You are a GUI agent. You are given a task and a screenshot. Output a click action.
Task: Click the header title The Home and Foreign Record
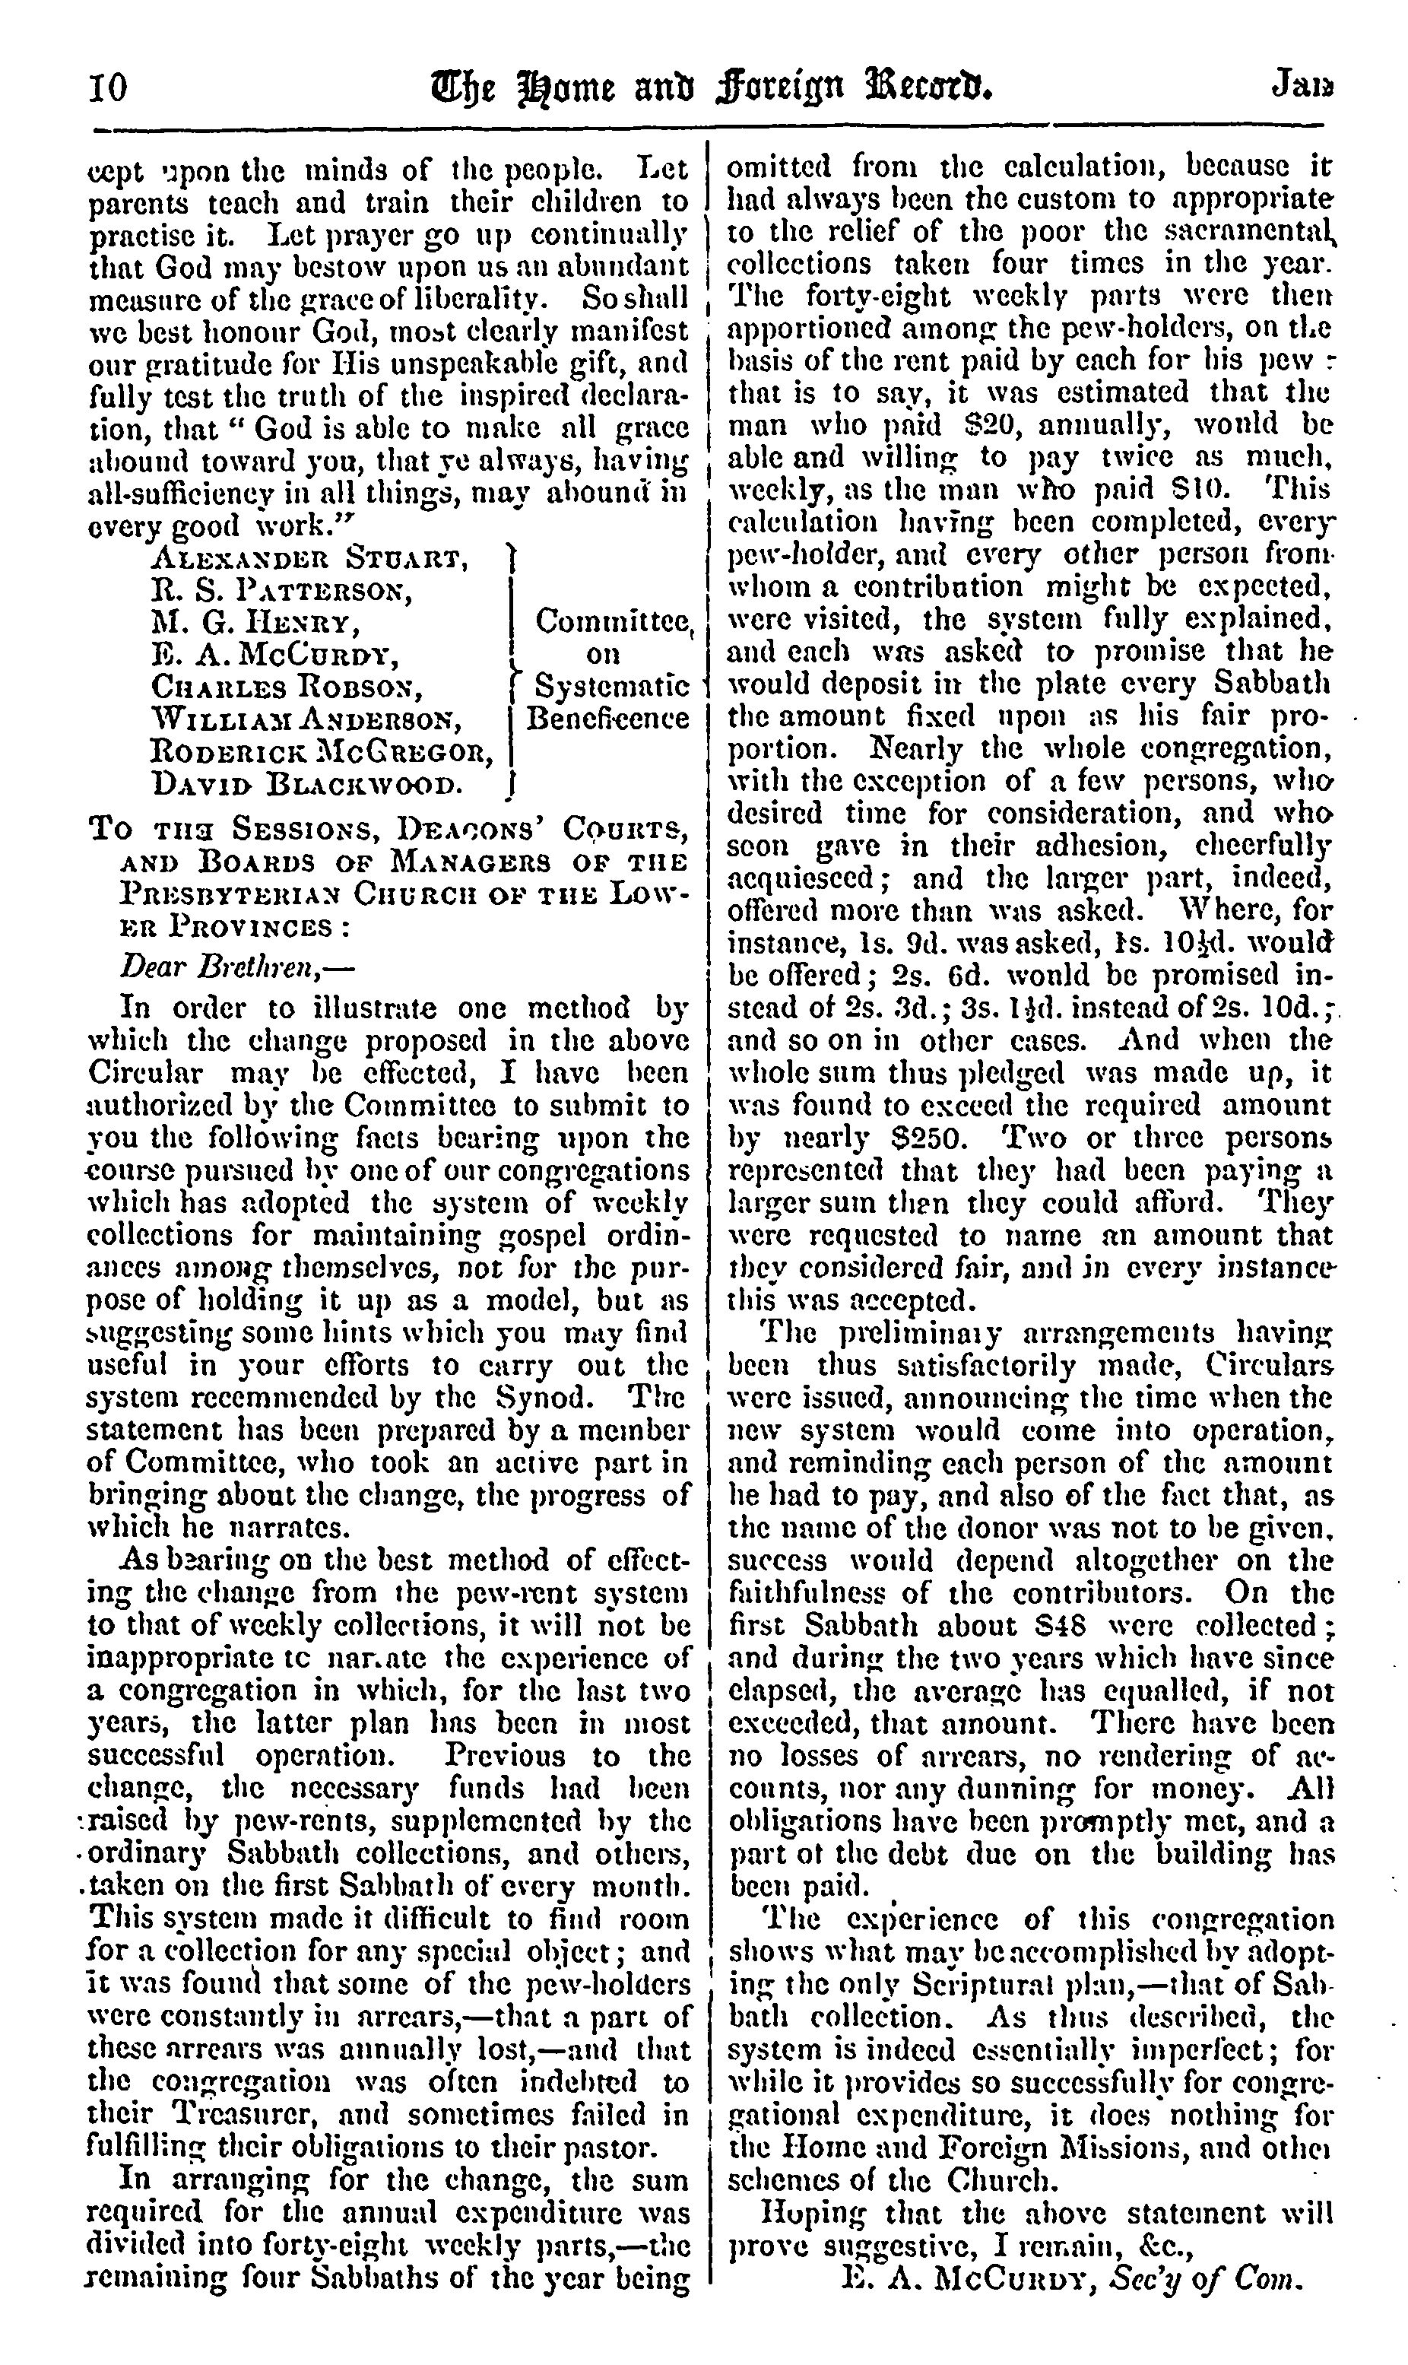click(x=711, y=88)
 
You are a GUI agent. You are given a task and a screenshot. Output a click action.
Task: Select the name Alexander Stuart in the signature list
click(x=310, y=557)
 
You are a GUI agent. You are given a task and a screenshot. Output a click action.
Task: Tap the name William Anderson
click(x=306, y=719)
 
